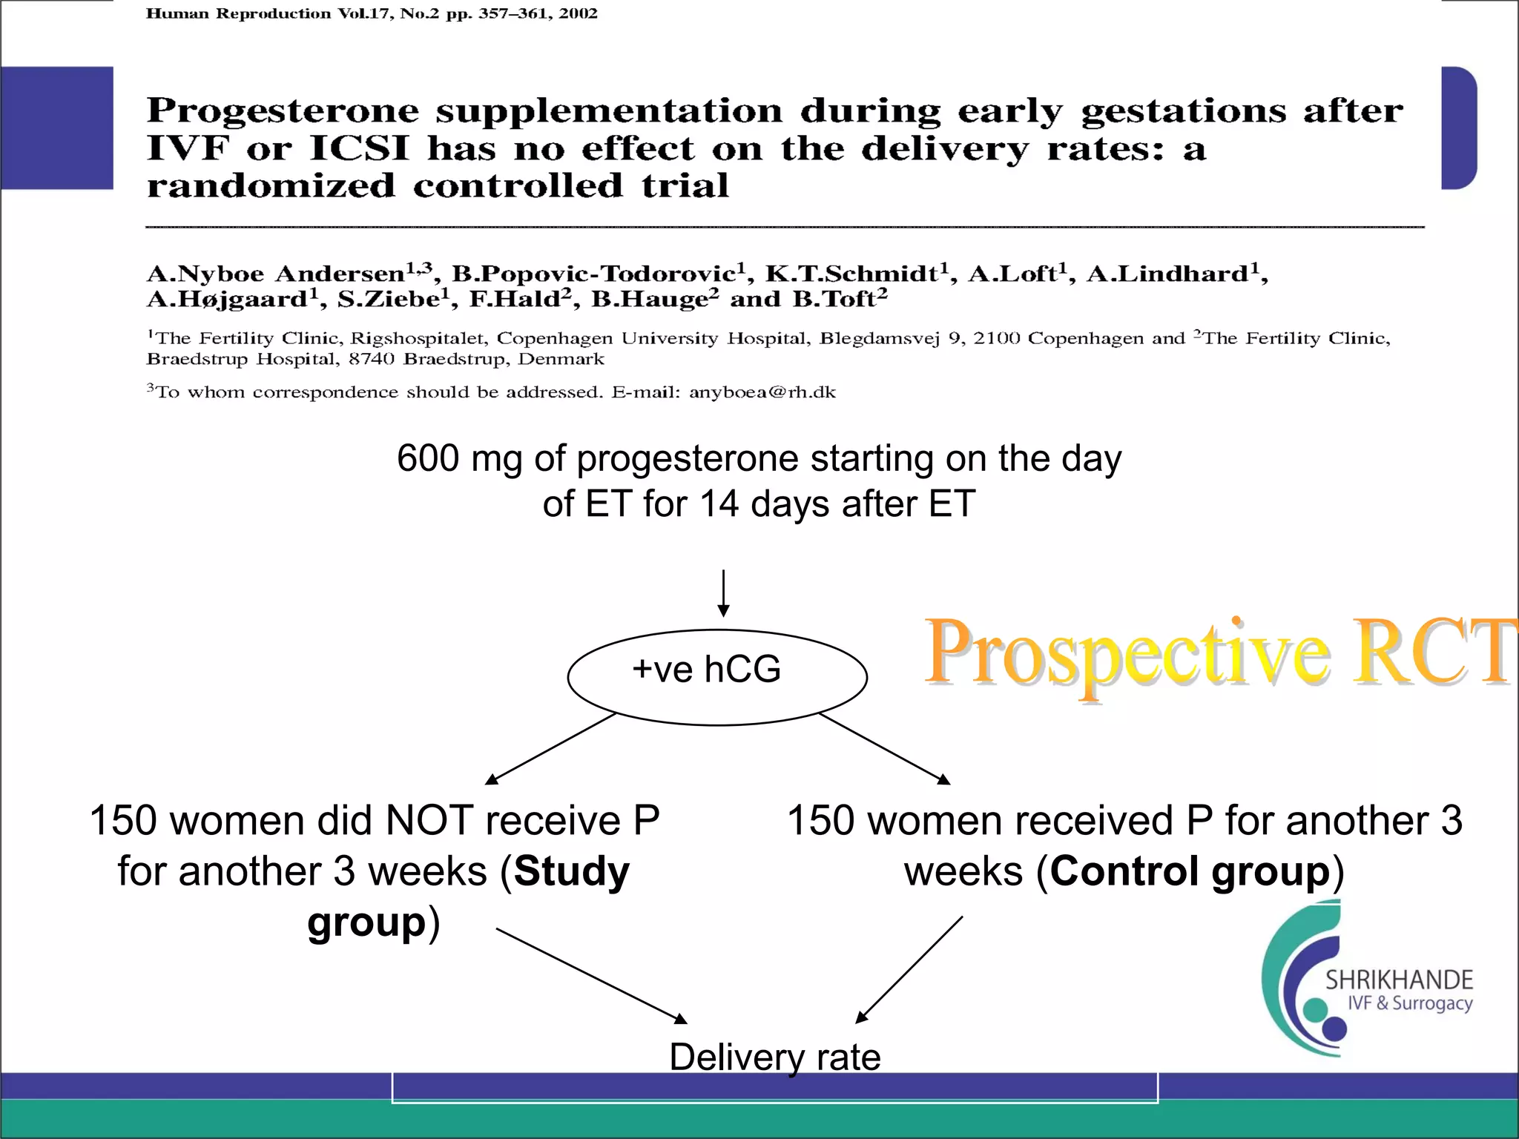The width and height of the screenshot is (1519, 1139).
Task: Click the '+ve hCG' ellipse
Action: click(716, 676)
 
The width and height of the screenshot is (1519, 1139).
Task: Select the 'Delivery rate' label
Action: click(774, 1057)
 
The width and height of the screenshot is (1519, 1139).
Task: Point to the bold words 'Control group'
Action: click(1190, 871)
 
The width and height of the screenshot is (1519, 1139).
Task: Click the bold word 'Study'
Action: click(571, 871)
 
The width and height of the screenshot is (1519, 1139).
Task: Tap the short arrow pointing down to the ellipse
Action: click(723, 593)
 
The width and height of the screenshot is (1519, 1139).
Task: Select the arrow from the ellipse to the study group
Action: click(550, 748)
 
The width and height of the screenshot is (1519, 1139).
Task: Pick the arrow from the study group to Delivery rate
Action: click(591, 975)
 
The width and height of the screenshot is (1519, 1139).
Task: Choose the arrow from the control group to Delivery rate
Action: click(909, 970)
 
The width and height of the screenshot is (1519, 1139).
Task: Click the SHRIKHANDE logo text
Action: click(1399, 980)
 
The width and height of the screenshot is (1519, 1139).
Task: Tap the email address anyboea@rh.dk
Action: click(762, 392)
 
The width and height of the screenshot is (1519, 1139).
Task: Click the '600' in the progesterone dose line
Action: click(428, 458)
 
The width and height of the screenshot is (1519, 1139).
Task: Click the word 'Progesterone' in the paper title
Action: click(283, 111)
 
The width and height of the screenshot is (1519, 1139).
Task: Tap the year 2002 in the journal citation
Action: click(578, 13)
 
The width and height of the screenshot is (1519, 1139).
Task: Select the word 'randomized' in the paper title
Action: click(271, 185)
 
